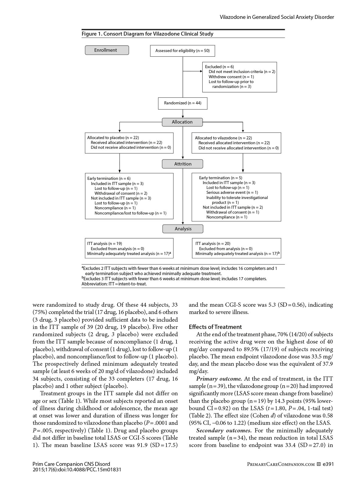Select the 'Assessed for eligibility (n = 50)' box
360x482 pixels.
click(182, 51)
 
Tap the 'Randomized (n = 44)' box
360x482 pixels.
click(183, 103)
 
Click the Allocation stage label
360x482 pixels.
click(182, 122)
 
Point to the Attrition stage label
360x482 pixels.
click(183, 164)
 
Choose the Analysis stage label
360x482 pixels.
click(183, 229)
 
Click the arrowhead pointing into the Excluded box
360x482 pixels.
click(201, 72)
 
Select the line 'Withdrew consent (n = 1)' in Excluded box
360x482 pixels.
click(231, 77)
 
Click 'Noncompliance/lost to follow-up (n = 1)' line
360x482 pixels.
click(130, 213)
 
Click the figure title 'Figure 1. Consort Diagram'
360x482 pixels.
click(147, 34)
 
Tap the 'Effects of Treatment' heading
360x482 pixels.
click(215, 327)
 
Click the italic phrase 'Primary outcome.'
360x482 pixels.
click(219, 379)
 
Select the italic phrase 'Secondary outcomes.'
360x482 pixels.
click(224, 431)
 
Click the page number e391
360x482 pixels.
click(328, 464)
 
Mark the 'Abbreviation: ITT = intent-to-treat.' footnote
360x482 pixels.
click(114, 284)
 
